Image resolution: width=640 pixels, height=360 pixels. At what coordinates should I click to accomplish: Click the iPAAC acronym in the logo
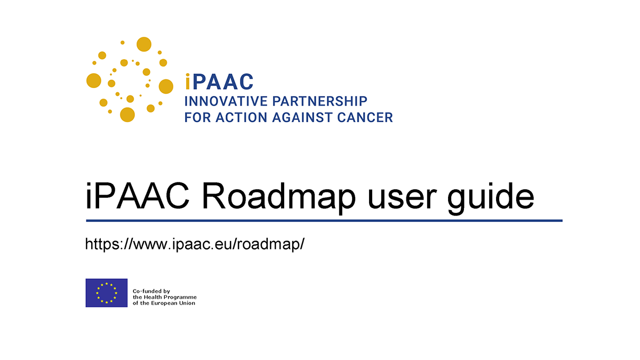point(219,82)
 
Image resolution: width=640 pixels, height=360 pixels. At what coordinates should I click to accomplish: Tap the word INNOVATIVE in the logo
point(226,101)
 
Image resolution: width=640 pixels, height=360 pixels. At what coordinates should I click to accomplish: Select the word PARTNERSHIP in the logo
point(319,101)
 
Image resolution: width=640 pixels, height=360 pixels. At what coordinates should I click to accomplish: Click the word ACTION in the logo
point(242,117)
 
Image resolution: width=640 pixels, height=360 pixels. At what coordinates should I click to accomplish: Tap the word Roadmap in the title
point(279,197)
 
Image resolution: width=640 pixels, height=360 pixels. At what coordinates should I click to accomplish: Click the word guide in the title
point(490,197)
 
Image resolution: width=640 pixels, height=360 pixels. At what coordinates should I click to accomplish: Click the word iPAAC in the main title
point(138,196)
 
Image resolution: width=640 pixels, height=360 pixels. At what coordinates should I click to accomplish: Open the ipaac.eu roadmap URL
point(195,244)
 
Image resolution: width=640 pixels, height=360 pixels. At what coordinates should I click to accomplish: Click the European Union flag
point(107,293)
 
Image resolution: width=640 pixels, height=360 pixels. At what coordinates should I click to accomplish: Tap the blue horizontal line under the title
point(324,221)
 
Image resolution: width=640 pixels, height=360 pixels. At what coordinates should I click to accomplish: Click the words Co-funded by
point(151,291)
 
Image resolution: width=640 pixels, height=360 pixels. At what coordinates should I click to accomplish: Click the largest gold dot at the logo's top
point(144,44)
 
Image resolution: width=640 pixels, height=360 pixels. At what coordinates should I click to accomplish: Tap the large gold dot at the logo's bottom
point(127,115)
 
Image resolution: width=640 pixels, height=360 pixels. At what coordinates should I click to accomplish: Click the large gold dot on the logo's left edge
point(94,81)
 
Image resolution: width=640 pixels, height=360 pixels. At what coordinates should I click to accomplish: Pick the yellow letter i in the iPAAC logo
point(187,82)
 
